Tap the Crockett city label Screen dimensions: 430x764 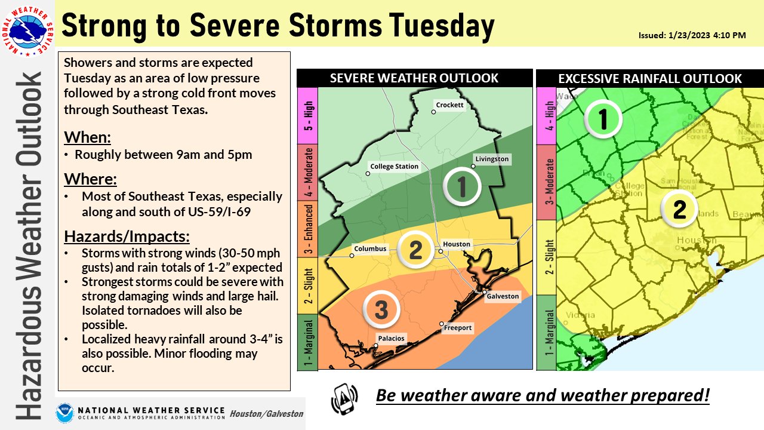click(449, 105)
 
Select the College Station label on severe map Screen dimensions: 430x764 click(394, 167)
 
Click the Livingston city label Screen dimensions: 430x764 click(492, 159)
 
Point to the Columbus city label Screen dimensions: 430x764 click(370, 248)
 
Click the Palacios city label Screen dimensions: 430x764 click(390, 339)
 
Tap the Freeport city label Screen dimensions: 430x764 click(458, 327)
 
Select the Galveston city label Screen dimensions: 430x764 click(502, 296)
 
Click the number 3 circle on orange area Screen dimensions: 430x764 click(381, 309)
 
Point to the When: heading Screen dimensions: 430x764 click(87, 137)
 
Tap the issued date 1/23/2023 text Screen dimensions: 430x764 click(692, 36)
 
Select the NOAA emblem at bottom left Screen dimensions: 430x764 click(65, 413)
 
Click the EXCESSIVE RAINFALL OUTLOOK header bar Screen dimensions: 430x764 click(649, 78)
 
